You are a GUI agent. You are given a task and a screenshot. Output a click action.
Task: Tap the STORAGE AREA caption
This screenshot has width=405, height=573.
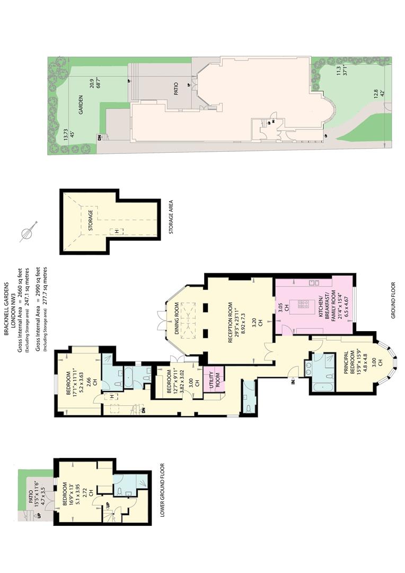pos(171,216)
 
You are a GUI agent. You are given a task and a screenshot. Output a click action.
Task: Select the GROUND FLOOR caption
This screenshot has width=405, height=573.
pos(393,300)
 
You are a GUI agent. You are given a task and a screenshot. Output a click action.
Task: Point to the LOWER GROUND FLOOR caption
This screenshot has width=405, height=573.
pos(162,490)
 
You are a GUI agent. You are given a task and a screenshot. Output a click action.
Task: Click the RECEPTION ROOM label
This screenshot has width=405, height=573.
pos(231,322)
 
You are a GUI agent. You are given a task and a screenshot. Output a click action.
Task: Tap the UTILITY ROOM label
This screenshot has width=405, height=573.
pos(215,380)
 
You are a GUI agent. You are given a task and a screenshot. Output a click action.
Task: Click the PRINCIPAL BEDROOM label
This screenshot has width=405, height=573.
pos(349,362)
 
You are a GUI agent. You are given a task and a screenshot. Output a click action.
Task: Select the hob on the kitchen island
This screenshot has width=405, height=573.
pos(303,304)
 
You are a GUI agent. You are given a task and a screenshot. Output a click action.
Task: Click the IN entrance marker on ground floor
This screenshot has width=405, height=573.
pos(293,382)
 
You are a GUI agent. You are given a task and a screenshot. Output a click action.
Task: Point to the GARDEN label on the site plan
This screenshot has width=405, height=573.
pos(81,105)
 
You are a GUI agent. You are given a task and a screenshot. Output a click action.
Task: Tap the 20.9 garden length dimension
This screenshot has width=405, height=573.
pos(92,84)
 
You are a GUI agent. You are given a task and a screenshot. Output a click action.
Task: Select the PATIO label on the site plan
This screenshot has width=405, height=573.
pos(175,88)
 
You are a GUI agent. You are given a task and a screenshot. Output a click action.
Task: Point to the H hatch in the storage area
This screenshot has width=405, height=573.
pos(117,231)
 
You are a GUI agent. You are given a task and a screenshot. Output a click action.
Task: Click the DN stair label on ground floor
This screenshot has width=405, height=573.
pos(144,410)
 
